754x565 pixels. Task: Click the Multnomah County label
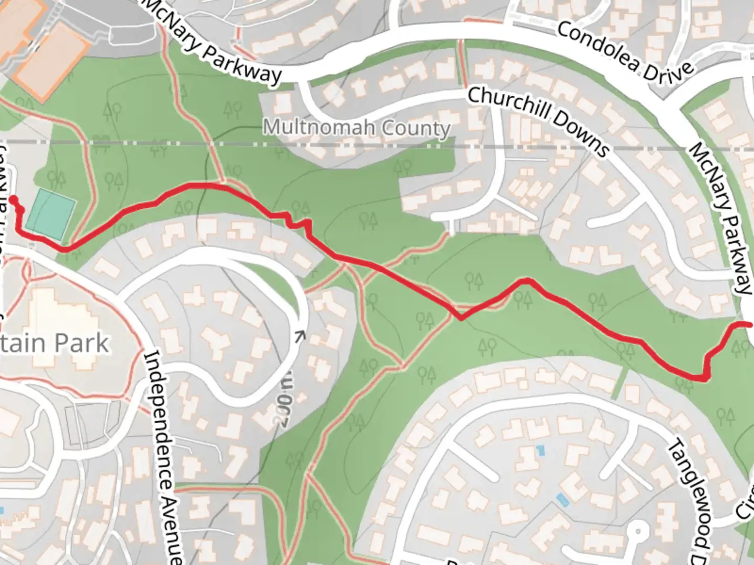357,128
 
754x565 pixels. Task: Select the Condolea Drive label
626,52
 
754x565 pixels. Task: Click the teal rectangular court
50,216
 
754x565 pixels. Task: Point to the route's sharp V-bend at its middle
460,318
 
